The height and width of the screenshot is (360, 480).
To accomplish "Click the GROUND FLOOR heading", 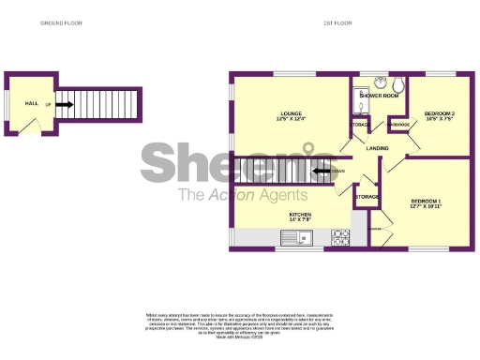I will click(x=59, y=22).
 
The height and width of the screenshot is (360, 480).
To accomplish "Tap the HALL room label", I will click(x=31, y=103).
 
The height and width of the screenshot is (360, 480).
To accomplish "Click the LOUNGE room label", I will click(x=291, y=112).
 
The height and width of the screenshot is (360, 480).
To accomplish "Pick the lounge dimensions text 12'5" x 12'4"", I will click(x=291, y=119).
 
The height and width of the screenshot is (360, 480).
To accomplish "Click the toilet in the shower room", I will click(x=396, y=82).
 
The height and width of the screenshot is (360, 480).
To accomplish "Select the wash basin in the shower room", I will click(x=380, y=82).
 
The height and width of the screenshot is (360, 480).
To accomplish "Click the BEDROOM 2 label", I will click(x=438, y=112).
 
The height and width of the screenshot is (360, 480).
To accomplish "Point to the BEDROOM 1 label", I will click(x=425, y=201).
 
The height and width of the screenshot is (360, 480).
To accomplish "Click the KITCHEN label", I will click(x=300, y=215).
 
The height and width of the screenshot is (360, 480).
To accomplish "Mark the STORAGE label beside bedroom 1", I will click(x=367, y=198).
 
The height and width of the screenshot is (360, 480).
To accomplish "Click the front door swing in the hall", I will click(x=28, y=128).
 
